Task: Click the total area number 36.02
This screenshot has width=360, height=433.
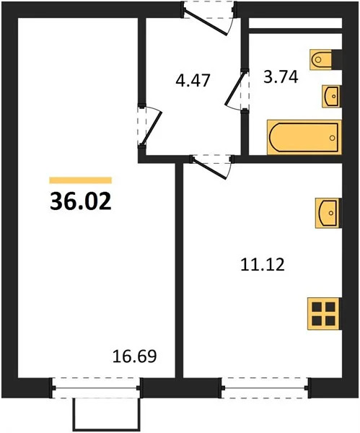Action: click(80, 201)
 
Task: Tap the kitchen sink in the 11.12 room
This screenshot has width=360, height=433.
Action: click(327, 211)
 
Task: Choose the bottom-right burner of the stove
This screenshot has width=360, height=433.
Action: click(331, 321)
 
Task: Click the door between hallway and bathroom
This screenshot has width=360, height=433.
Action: click(240, 89)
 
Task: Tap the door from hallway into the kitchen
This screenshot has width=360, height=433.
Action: click(211, 166)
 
